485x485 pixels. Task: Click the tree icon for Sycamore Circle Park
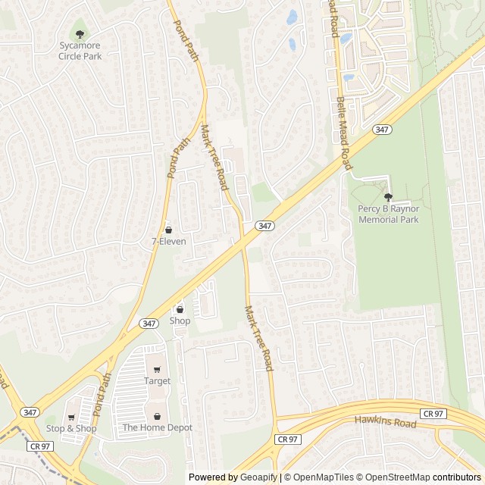pyautogui.click(x=80, y=33)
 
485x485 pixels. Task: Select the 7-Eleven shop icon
pyautogui.click(x=168, y=229)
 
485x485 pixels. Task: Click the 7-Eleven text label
pyautogui.click(x=168, y=242)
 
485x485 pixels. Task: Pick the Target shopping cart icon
pyautogui.click(x=157, y=369)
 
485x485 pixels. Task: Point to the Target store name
pyautogui.click(x=157, y=381)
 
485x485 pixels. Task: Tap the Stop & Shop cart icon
pyautogui.click(x=71, y=417)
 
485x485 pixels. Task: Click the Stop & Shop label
pyautogui.click(x=71, y=429)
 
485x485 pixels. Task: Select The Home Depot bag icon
pyautogui.click(x=157, y=416)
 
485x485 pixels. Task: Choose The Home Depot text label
pyautogui.click(x=158, y=428)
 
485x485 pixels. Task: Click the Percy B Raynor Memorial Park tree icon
pyautogui.click(x=388, y=196)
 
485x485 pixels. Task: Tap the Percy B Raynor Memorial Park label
pyautogui.click(x=388, y=214)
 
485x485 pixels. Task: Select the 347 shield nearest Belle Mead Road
pyautogui.click(x=382, y=130)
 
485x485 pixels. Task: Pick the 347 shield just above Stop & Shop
pyautogui.click(x=30, y=411)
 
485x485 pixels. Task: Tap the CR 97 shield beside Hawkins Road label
pyautogui.click(x=433, y=413)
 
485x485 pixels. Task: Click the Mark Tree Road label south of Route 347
pyautogui.click(x=258, y=338)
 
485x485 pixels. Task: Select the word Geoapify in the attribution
pyautogui.click(x=259, y=477)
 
